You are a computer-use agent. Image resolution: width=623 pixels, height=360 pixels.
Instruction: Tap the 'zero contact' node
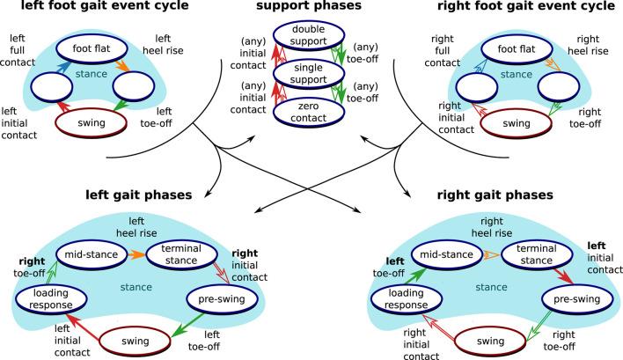[x=311, y=110]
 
